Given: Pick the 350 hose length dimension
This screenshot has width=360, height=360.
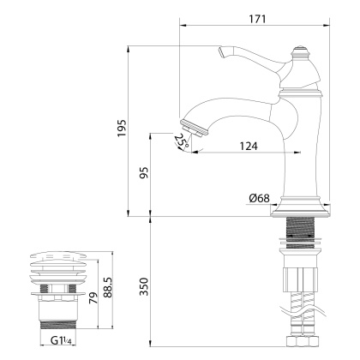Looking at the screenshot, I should (x=144, y=285).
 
